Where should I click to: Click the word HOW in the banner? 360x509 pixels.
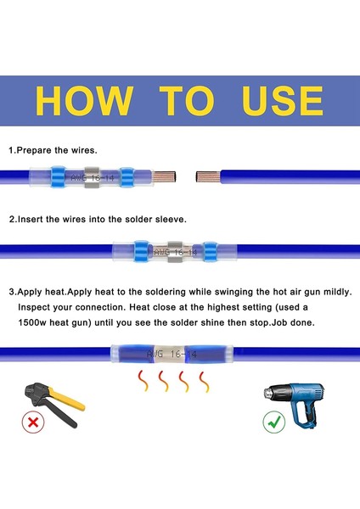click(84, 101)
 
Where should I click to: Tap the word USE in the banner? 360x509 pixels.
click(283, 101)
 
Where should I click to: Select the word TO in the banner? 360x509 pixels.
click(187, 101)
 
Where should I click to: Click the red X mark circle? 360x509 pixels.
click(33, 422)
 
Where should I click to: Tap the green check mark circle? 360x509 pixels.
click(274, 422)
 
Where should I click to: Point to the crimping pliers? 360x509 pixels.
click(53, 403)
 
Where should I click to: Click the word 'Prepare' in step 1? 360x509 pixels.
click(34, 151)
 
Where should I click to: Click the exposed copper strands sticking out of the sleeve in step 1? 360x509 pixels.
click(164, 177)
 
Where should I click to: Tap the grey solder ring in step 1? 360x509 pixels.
click(92, 177)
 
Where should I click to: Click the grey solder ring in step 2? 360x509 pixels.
click(175, 252)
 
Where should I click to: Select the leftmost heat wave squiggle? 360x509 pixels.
click(143, 380)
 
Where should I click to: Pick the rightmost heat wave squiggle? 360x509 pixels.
click(204, 382)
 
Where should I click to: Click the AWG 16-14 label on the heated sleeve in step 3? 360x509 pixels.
click(172, 354)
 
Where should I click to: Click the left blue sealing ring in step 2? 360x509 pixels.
click(141, 251)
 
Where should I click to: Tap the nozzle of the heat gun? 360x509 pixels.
click(269, 393)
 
